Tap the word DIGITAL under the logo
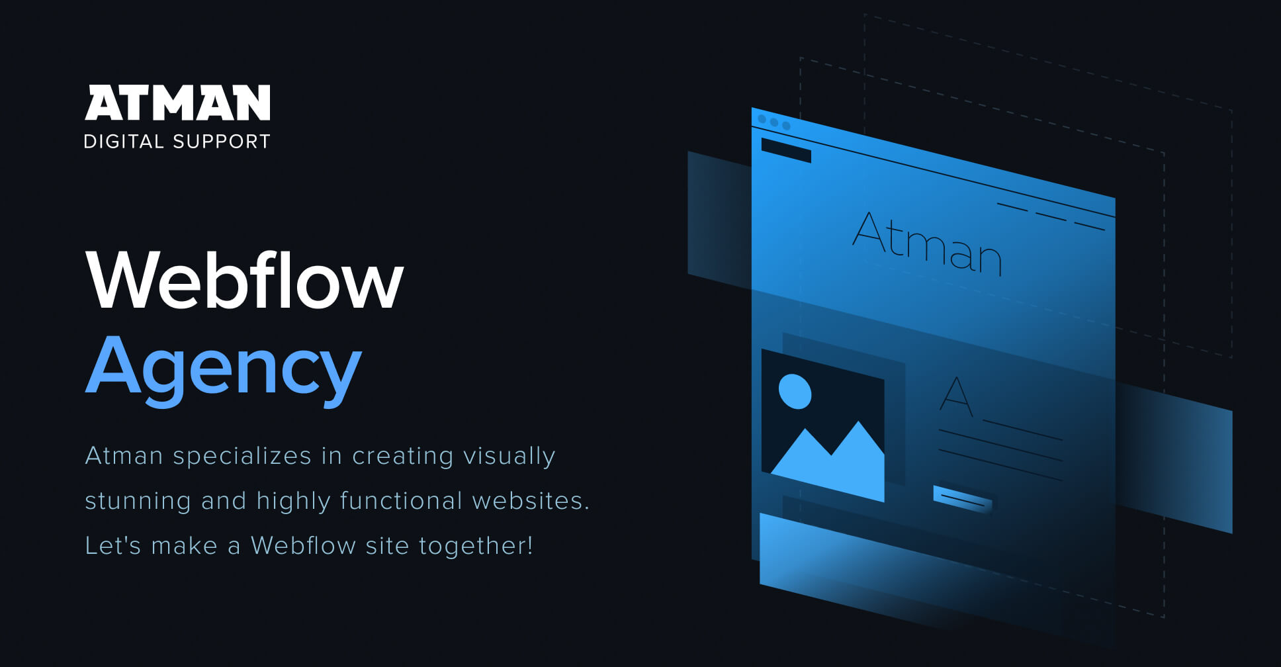tap(124, 141)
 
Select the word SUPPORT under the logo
tap(222, 141)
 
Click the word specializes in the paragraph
tap(242, 456)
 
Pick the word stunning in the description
tap(138, 501)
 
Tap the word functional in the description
tap(401, 501)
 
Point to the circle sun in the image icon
tap(795, 391)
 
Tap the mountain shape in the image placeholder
tap(831, 461)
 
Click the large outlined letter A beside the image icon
tap(956, 396)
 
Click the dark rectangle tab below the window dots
tap(786, 150)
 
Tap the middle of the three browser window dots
tap(774, 122)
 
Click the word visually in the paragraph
tap(509, 456)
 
